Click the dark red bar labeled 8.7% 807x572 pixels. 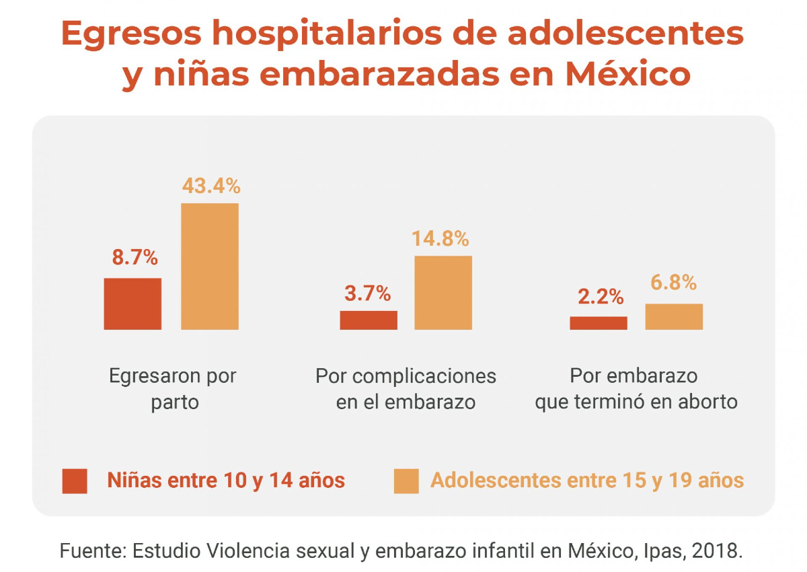132,303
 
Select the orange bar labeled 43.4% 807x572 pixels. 210,266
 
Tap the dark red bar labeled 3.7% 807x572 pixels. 369,320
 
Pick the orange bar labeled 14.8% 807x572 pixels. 443,293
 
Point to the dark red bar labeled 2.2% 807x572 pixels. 599,323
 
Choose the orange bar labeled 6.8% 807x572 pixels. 674,316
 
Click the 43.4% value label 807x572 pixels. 210,186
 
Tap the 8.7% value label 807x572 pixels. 134,258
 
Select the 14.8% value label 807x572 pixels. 440,239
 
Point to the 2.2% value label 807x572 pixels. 601,297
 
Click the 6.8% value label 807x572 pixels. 673,283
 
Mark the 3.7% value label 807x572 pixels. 367,293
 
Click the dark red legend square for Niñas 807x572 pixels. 75,481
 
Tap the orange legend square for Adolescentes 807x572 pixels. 406,481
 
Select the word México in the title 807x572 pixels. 627,74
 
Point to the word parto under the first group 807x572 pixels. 175,402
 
